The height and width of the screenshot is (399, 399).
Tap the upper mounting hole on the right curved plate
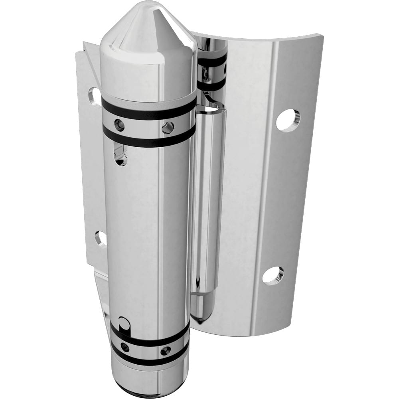coord(287,120)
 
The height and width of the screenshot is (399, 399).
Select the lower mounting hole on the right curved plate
coord(273,275)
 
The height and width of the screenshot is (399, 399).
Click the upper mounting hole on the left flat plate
coord(95,97)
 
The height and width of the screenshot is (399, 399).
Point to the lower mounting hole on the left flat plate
coord(101,239)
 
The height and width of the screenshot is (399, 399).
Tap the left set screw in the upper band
coord(119,125)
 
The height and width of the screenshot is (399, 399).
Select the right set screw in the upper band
coord(168,128)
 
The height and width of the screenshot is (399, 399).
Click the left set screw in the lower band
coord(125,347)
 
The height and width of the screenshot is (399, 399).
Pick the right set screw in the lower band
coord(165,351)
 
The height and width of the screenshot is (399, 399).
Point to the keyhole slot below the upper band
coord(120,156)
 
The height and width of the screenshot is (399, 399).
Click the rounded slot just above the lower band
coord(124,323)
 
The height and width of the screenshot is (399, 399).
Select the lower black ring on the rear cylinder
coord(211,85)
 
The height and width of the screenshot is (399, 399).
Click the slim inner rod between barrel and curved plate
coord(207,199)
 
